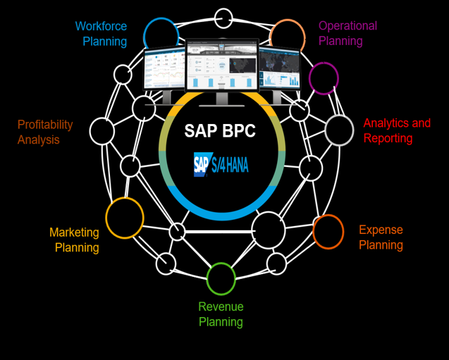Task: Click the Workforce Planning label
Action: click(101, 34)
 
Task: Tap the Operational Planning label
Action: click(347, 33)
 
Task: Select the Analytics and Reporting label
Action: click(397, 130)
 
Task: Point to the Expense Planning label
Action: click(381, 237)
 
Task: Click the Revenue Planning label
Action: click(221, 314)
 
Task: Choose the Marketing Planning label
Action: click(74, 240)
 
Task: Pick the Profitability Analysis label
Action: click(45, 132)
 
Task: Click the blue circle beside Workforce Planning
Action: click(161, 35)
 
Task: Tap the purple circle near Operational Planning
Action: click(324, 77)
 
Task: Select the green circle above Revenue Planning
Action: click(221, 278)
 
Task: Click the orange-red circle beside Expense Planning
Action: click(328, 232)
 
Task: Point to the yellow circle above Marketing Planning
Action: click(125, 217)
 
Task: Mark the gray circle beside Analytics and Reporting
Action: click(339, 130)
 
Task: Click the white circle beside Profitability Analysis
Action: click(102, 131)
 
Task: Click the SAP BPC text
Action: click(220, 132)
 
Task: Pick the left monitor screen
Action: click(164, 69)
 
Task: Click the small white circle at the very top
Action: click(223, 17)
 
